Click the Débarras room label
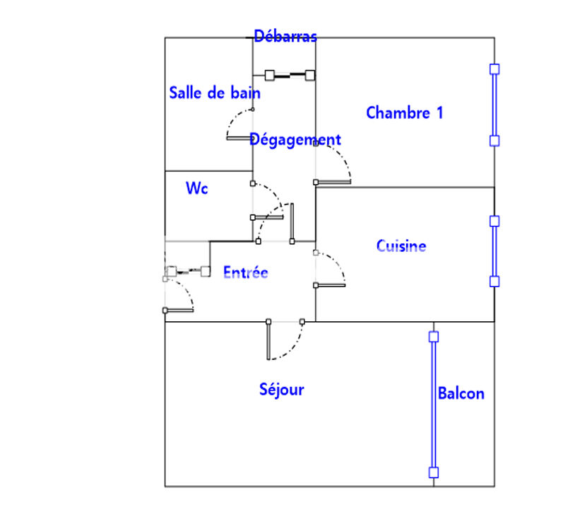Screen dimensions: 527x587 [285, 36]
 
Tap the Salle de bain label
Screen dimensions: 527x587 [214, 93]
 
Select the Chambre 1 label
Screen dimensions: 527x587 [404, 112]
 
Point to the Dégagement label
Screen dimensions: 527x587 [295, 140]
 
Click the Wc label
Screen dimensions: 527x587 [196, 189]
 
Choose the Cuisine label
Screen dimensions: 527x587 [401, 246]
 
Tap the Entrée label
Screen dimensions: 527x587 [245, 272]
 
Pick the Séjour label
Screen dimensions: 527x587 [281, 389]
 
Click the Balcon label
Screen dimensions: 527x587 [461, 393]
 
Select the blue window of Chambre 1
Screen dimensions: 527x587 [494, 105]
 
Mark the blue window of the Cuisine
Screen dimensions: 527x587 [494, 251]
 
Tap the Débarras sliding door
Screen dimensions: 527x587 [289, 74]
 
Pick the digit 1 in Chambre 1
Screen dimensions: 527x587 [439, 112]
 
